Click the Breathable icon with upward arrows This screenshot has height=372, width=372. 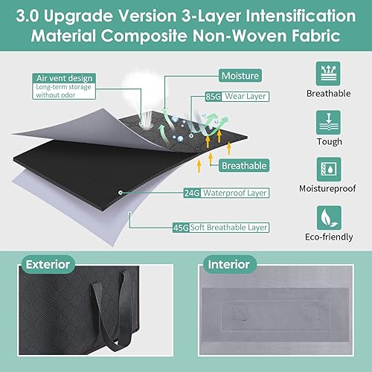click(328, 74)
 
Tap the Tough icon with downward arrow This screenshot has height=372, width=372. click(328, 123)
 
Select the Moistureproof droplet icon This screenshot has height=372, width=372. click(329, 169)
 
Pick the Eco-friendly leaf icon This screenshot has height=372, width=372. click(329, 218)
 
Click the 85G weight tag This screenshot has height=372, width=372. click(214, 96)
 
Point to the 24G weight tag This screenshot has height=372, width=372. click(192, 193)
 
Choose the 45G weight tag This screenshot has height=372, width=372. click(181, 228)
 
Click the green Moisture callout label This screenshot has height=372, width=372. click(240, 76)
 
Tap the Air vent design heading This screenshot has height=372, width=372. click(64, 78)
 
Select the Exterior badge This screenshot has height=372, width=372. click(48, 264)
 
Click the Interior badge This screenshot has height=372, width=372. click(228, 264)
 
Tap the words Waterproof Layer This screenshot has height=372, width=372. click(235, 193)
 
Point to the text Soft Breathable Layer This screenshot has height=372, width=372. click(228, 228)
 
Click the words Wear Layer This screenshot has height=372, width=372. click(246, 96)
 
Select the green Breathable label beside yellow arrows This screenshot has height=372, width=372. click(244, 165)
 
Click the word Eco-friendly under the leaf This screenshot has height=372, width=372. click(329, 237)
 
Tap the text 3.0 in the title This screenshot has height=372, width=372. click(27, 16)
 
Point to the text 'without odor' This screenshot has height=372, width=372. click(56, 95)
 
